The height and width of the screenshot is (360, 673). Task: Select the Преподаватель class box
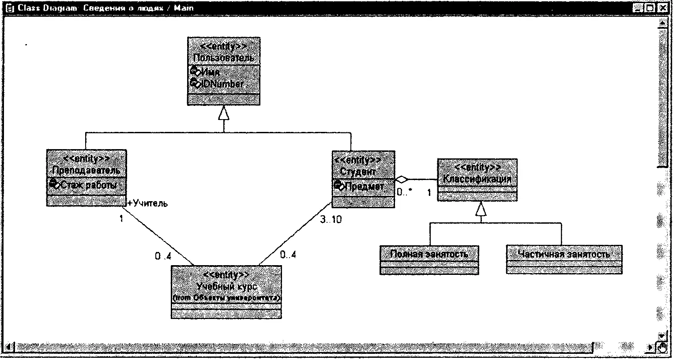[86, 170]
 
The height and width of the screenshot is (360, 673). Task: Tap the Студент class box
[363, 171]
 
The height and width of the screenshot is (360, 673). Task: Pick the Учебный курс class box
[226, 286]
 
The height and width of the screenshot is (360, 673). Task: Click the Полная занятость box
[429, 255]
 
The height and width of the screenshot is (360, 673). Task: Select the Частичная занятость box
[564, 255]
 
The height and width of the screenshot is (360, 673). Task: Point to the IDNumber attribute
[222, 84]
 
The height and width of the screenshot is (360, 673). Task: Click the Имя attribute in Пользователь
[210, 72]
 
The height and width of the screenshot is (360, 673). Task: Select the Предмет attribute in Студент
[364, 186]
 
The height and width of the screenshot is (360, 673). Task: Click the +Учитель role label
[148, 203]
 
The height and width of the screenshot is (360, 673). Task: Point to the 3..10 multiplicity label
[331, 219]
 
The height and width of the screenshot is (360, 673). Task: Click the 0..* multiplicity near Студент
[404, 192]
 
